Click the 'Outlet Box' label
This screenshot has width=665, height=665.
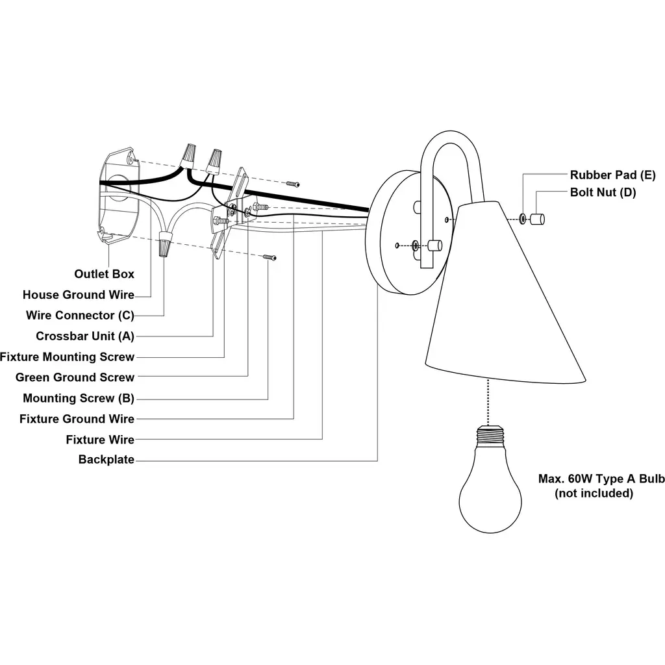(x=104, y=274)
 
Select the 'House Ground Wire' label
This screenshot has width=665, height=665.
(x=79, y=295)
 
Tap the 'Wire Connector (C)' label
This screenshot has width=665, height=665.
(x=80, y=316)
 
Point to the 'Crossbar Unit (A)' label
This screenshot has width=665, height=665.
(x=85, y=336)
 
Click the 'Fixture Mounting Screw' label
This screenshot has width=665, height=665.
(x=68, y=357)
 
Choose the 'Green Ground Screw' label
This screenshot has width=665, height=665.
(x=75, y=377)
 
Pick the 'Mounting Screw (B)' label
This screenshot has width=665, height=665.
(x=79, y=398)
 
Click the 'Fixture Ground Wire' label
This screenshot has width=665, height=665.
(x=77, y=419)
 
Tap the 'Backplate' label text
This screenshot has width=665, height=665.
(x=107, y=460)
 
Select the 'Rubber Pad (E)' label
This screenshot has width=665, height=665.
(x=613, y=175)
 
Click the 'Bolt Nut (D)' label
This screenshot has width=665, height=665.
(x=603, y=192)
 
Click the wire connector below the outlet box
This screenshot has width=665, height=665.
(x=165, y=247)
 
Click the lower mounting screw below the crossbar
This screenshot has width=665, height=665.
(x=270, y=258)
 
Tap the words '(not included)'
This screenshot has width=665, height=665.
(x=594, y=494)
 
